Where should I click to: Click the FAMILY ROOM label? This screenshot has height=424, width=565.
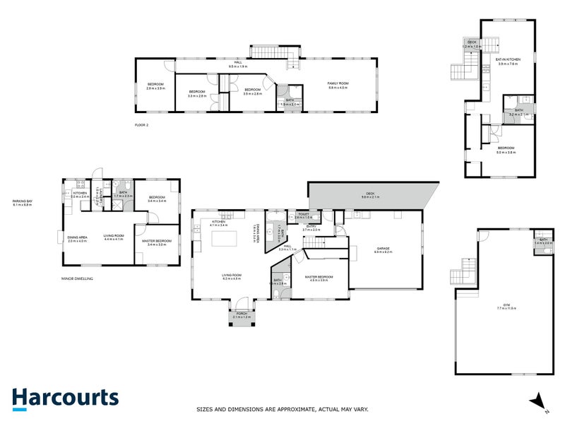click(x=338, y=84)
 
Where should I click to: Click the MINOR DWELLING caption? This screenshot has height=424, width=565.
click(x=78, y=279)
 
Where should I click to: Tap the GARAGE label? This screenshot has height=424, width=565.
click(x=383, y=249)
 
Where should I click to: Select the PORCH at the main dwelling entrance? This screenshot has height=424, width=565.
click(x=242, y=317)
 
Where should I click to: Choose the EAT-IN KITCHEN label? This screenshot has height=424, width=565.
click(x=507, y=61)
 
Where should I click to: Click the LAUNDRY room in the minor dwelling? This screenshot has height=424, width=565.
click(x=102, y=200)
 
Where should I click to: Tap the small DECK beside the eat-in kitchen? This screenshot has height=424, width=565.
click(x=472, y=45)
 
